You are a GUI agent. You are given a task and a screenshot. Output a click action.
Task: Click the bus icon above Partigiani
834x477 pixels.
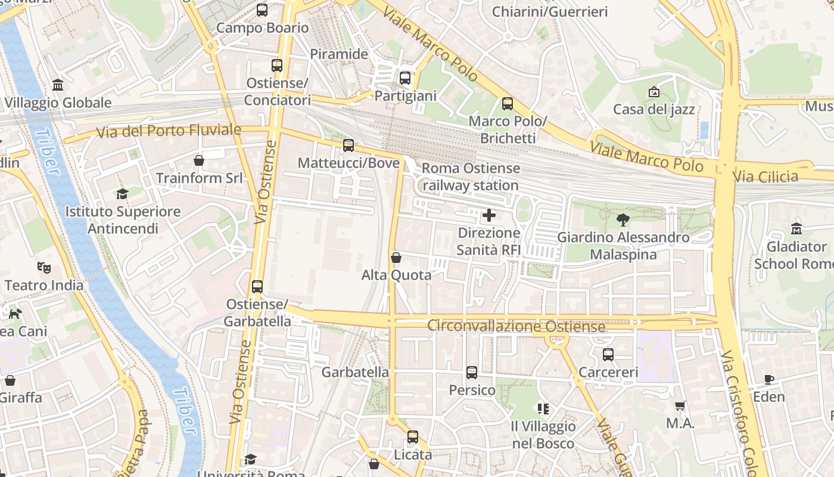coord(405,78)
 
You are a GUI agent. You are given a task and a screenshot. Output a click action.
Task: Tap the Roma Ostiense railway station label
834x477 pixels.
coord(471,177)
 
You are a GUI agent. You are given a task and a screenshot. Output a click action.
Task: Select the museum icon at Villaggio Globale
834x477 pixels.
coord(58,85)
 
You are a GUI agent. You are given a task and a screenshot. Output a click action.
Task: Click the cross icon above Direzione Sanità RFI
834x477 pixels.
coord(489,215)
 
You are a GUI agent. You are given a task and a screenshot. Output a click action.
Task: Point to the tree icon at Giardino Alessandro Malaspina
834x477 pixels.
coord(623,220)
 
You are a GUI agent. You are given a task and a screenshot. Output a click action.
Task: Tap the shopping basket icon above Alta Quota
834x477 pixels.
coord(396,258)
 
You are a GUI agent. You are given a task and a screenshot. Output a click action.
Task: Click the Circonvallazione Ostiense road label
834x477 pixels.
coord(516,327)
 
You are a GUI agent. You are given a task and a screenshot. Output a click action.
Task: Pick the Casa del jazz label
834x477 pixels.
coord(653,110)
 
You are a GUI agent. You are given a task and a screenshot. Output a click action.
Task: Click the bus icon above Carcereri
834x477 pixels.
coord(608,355)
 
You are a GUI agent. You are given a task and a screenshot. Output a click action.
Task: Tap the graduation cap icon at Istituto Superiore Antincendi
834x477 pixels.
coord(123,194)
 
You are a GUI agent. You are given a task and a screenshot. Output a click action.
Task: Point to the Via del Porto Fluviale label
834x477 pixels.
coord(169,131)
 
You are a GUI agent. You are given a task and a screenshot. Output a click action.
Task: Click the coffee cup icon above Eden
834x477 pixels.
coord(769,379)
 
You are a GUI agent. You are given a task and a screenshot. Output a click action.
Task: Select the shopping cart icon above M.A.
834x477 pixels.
coord(680,405)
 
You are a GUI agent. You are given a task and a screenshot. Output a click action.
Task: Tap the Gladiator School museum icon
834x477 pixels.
coord(796,228)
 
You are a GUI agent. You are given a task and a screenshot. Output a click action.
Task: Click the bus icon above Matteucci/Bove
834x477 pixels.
coord(348,145)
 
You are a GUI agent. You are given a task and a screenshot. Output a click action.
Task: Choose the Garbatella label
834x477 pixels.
coord(355,373)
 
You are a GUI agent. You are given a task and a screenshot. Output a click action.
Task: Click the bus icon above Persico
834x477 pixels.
coord(472,373)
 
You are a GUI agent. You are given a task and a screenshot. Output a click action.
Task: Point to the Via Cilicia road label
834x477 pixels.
coord(765,177)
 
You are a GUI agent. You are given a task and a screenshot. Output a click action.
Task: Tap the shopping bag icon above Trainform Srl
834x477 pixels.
coord(199,160)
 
